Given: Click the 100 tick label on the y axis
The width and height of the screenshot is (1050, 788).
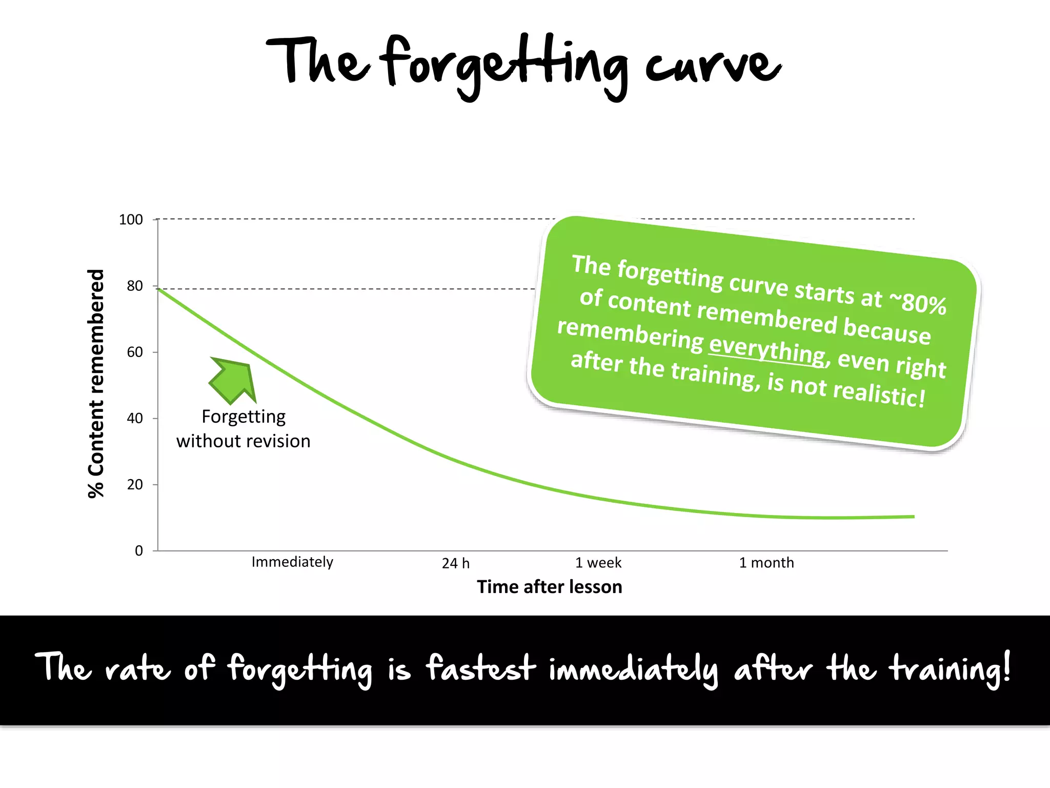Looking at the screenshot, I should point(131,220).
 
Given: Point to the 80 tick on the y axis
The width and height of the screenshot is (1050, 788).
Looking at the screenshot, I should point(135,286).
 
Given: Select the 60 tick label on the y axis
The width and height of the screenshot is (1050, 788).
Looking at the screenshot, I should point(135,352).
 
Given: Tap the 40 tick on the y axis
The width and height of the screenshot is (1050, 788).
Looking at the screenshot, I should point(135,418).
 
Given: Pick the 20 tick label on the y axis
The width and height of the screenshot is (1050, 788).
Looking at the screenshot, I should point(135,484).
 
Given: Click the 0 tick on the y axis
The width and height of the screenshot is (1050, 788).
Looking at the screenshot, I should point(139,550).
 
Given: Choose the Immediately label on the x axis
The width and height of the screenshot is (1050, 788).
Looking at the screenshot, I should point(292,562).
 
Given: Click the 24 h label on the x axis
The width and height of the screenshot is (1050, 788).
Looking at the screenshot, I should point(456,563).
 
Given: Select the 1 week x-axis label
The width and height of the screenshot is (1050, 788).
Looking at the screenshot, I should point(598,563).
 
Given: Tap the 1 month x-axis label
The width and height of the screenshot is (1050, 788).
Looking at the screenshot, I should point(766,563).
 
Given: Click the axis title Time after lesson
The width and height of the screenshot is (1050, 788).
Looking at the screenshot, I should point(550,587).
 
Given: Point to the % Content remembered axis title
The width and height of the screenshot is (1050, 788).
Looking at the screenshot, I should point(96,384).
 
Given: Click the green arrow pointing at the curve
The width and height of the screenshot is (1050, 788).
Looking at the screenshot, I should point(233,380).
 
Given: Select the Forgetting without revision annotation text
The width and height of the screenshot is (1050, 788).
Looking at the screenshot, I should point(244,429).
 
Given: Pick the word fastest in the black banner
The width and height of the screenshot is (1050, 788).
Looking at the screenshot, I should point(480,669).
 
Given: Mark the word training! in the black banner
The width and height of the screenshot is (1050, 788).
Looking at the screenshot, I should point(950,669).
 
